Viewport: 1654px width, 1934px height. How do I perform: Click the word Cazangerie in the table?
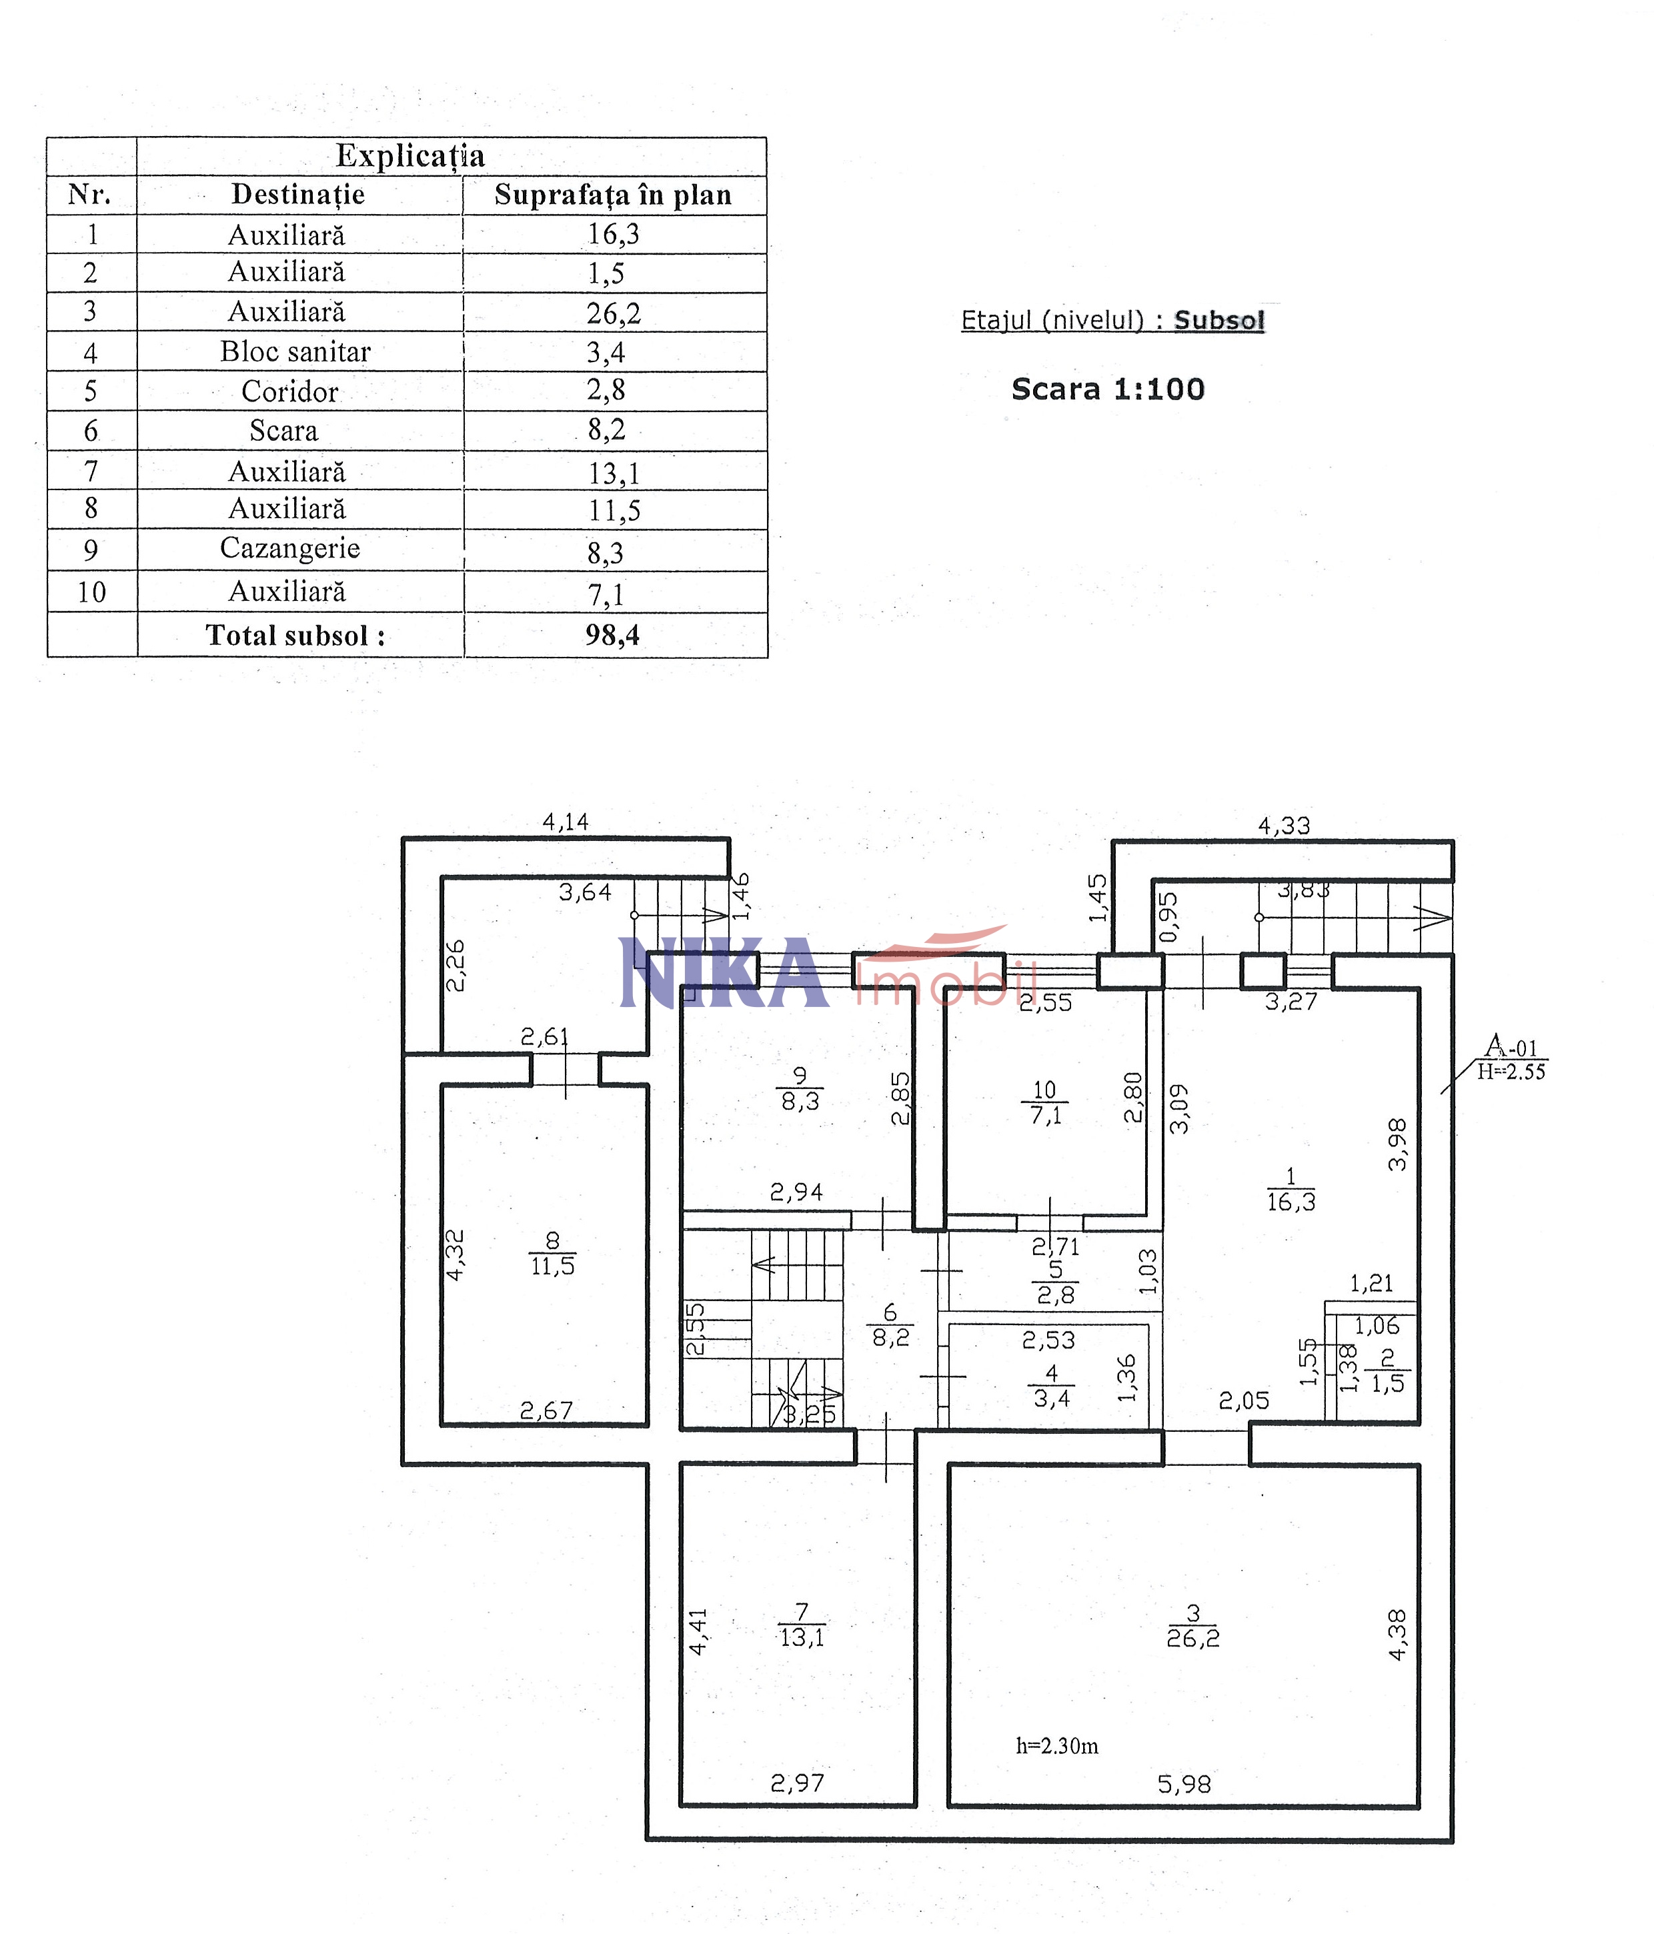(289, 548)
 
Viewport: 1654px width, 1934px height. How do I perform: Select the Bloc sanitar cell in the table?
(295, 352)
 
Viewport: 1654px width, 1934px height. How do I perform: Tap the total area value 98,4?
(612, 635)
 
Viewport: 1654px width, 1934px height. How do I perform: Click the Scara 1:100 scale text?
(1108, 389)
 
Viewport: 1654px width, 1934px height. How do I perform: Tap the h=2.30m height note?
(1056, 1745)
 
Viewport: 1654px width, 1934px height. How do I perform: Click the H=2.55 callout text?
(1511, 1072)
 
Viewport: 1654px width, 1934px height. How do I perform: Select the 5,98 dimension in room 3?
(1184, 1785)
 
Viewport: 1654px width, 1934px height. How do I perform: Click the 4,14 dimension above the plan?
(566, 822)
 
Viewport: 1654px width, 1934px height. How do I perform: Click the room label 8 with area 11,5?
(553, 1254)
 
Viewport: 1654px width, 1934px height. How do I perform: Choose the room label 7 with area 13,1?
(801, 1625)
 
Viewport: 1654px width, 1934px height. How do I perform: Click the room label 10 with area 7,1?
(1044, 1102)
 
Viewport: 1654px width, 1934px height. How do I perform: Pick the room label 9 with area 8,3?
(800, 1089)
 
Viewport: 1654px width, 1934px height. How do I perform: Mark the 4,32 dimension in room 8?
(455, 1254)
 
